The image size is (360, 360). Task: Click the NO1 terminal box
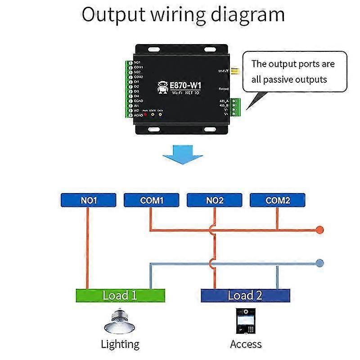88,200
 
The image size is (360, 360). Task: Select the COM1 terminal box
151,200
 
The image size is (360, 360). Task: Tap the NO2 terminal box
214,200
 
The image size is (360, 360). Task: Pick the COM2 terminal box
277,200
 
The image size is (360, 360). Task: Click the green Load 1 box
120,295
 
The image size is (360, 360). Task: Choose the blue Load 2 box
245,295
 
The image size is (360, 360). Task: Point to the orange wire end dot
319,230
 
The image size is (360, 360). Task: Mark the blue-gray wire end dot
319,263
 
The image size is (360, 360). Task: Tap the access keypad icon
246,321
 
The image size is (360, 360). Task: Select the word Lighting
120,345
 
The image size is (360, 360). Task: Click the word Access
246,345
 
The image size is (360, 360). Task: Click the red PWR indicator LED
145,114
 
